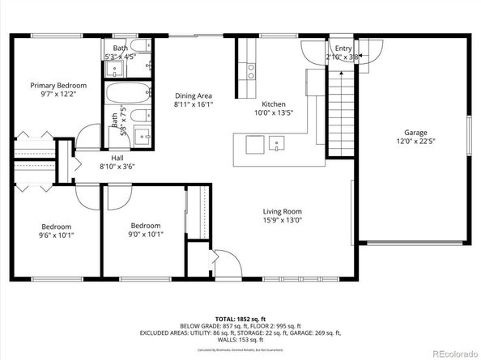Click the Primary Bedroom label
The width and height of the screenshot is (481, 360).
pos(57,85)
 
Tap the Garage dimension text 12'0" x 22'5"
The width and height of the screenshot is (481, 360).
pos(415,142)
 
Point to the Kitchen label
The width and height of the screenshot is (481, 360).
pos(273,104)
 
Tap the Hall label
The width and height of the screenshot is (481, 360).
pos(117,158)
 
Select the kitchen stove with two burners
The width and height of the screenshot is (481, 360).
pos(251,70)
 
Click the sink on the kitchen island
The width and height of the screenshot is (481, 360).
pos(278,146)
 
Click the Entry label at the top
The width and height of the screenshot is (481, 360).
pos(344,49)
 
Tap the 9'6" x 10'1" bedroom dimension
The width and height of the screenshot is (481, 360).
pos(57,235)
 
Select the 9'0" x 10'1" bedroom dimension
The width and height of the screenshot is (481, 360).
pos(146,235)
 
